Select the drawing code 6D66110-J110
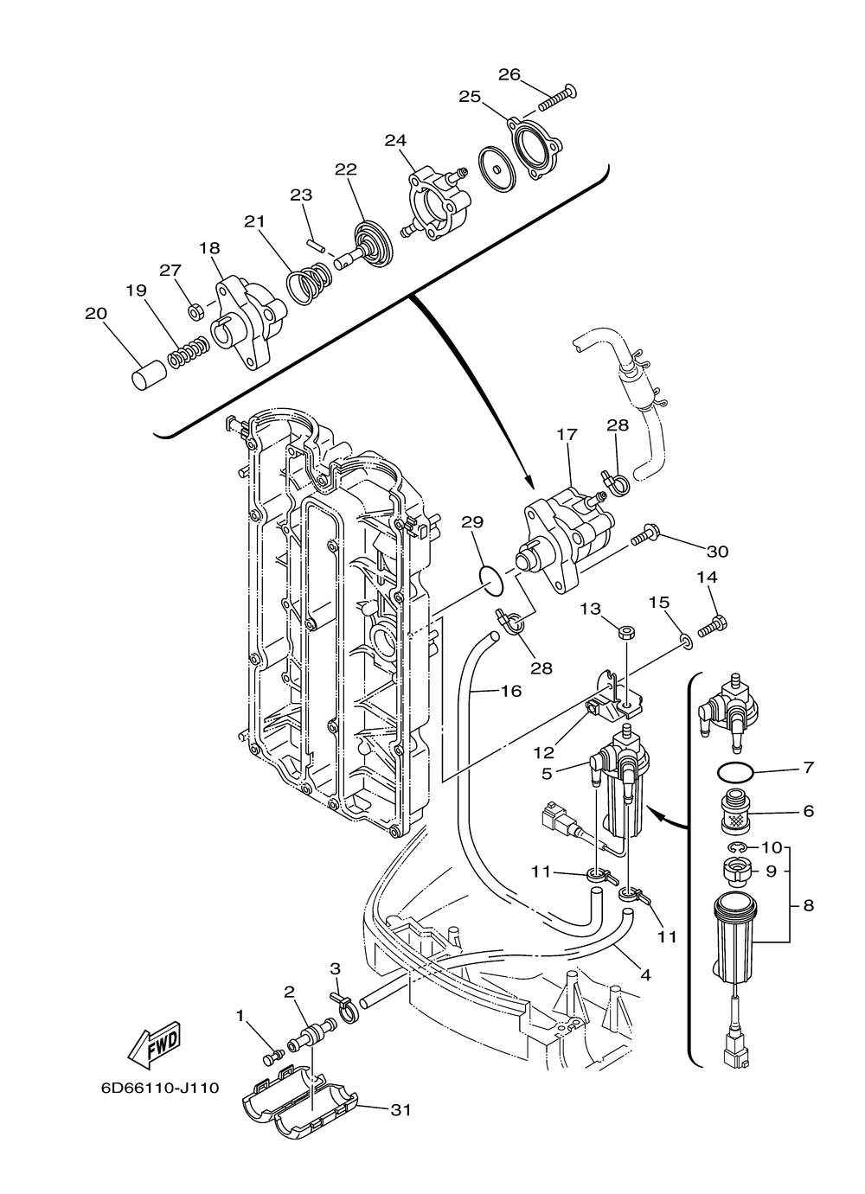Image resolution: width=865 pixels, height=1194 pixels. [161, 1088]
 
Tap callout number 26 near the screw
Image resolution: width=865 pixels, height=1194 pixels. [509, 74]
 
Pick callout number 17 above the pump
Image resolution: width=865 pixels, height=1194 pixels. [567, 435]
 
